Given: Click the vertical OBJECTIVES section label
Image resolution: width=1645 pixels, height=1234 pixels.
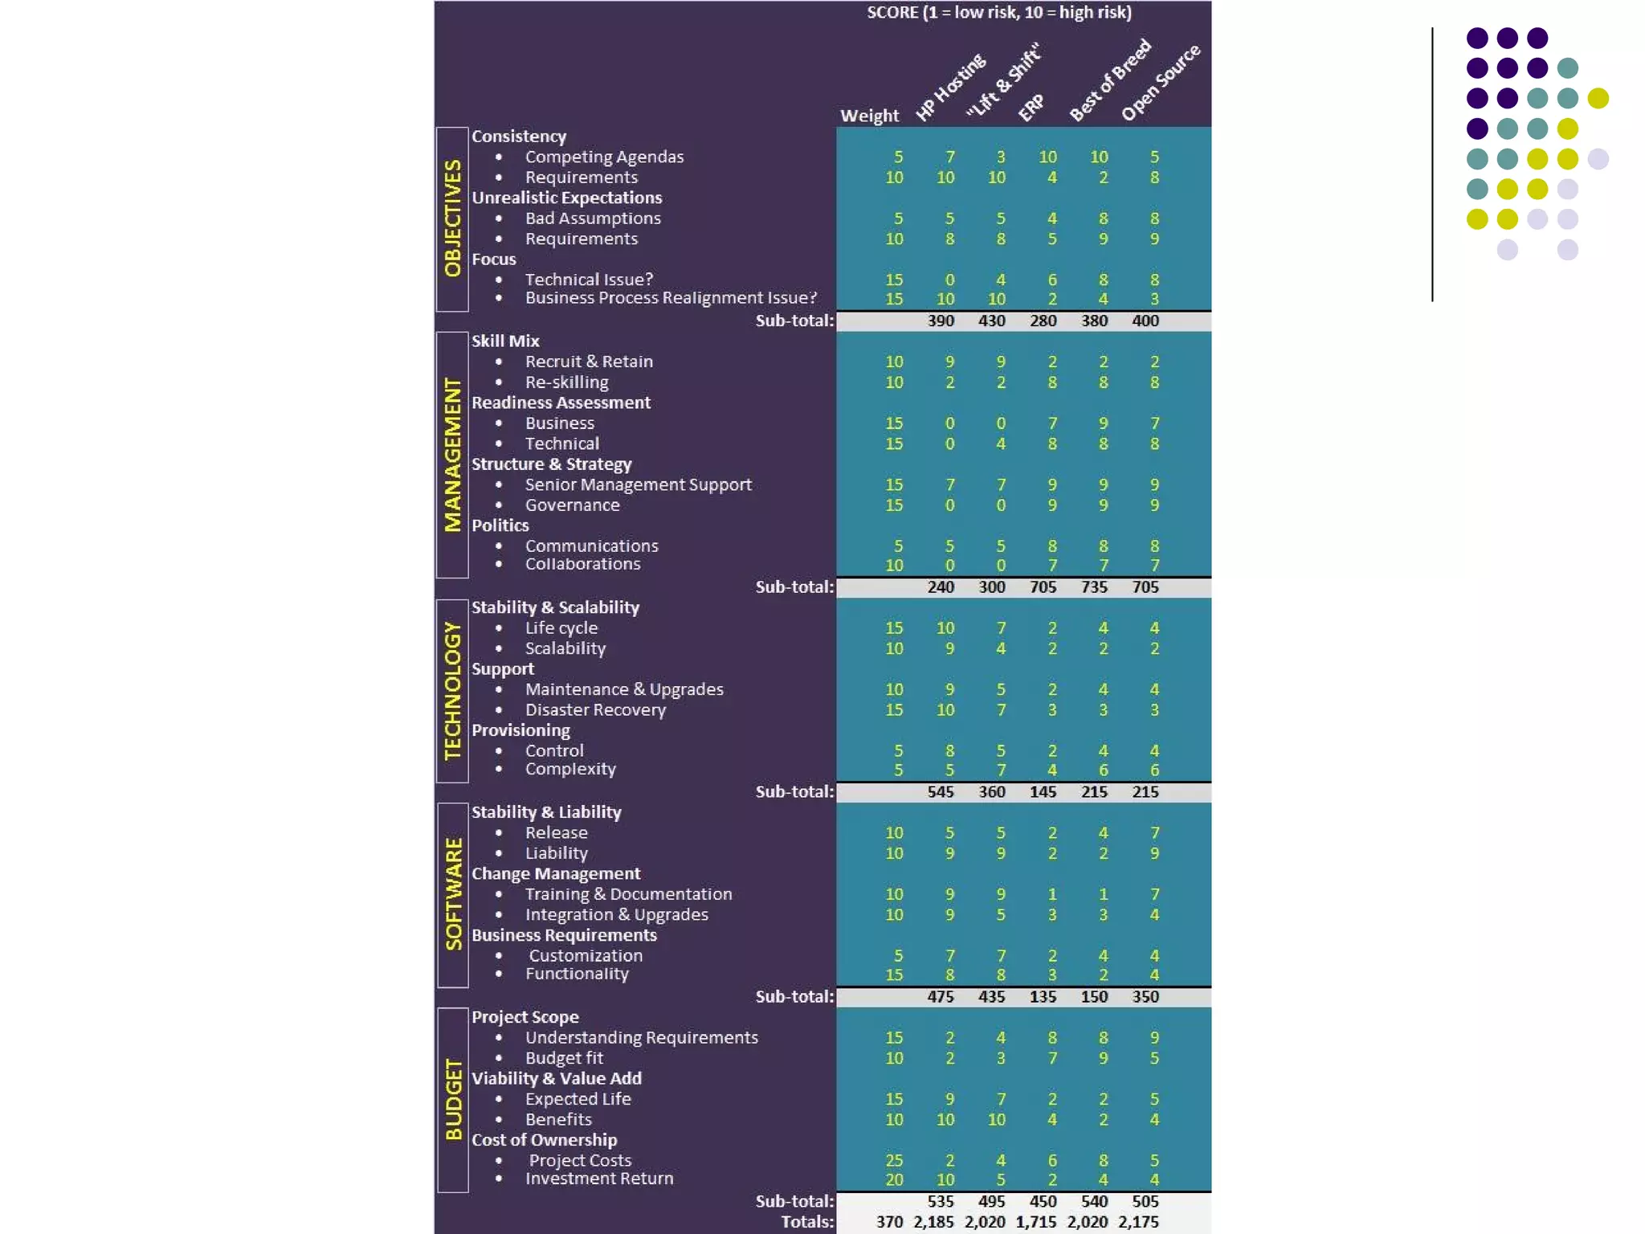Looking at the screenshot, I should coord(453,219).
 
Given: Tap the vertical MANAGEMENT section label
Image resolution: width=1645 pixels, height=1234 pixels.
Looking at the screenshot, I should coord(453,455).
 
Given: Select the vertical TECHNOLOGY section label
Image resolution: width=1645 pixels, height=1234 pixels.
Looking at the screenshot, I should coord(453,690).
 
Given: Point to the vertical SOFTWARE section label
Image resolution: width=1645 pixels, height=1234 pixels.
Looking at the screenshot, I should coord(454,894).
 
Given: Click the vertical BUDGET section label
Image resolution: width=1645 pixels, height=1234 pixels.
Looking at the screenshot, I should coord(454,1099).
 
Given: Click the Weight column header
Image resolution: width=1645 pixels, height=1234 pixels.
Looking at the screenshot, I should coord(869,116).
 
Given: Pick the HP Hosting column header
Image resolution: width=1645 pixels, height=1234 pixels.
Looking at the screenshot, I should coord(950,88).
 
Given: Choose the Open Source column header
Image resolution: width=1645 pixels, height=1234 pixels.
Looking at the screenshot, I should coord(1161,82).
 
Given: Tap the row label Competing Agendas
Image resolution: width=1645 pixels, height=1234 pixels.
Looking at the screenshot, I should coord(604,157).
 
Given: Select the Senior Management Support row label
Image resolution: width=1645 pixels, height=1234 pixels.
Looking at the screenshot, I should coord(639,484).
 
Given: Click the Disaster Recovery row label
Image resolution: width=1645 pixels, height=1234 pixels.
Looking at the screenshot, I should coord(595,709).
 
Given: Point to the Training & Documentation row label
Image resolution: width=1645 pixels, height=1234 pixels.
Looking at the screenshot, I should coord(629,894).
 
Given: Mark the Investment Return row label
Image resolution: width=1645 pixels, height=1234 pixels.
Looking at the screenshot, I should coord(599,1179).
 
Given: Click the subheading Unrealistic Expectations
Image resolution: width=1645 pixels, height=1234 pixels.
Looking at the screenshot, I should coord(567,198).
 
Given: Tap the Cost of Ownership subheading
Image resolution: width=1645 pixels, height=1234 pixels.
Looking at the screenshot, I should coord(545,1140).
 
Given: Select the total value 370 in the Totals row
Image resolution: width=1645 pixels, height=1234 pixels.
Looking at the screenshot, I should coord(889,1222).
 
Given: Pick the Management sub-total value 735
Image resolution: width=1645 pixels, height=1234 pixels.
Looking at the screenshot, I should coord(1094,587).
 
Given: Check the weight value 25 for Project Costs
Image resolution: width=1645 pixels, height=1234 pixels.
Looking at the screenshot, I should coord(894,1160).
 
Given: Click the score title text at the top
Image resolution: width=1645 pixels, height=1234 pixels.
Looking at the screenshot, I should coord(999,13).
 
